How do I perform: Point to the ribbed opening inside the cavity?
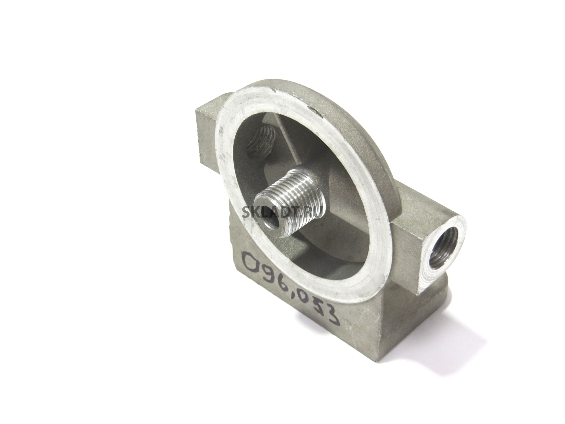click(x=262, y=147)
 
